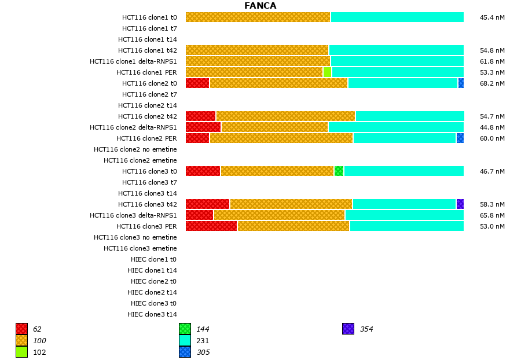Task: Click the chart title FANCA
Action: pos(260,6)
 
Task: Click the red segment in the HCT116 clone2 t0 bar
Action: pos(197,83)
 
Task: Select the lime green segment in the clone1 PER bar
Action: pos(327,72)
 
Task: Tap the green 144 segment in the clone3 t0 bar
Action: pos(339,171)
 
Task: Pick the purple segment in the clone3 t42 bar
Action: pos(460,204)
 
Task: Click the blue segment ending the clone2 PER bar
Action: pos(460,138)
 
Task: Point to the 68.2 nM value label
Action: pos(492,83)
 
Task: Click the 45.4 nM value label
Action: pos(492,17)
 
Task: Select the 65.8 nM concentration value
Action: pos(492,215)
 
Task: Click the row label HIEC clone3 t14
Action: pos(152,314)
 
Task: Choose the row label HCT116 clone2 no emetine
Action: pos(135,149)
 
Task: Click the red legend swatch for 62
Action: pos(21,329)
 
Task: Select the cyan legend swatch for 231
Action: pos(185,340)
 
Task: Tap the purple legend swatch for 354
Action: pos(348,329)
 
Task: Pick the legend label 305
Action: pos(203,352)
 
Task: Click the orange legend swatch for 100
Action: pos(21,340)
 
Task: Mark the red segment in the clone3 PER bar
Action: pos(211,226)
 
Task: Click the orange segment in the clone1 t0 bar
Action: pos(258,17)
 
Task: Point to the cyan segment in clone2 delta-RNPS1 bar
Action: pos(396,127)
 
